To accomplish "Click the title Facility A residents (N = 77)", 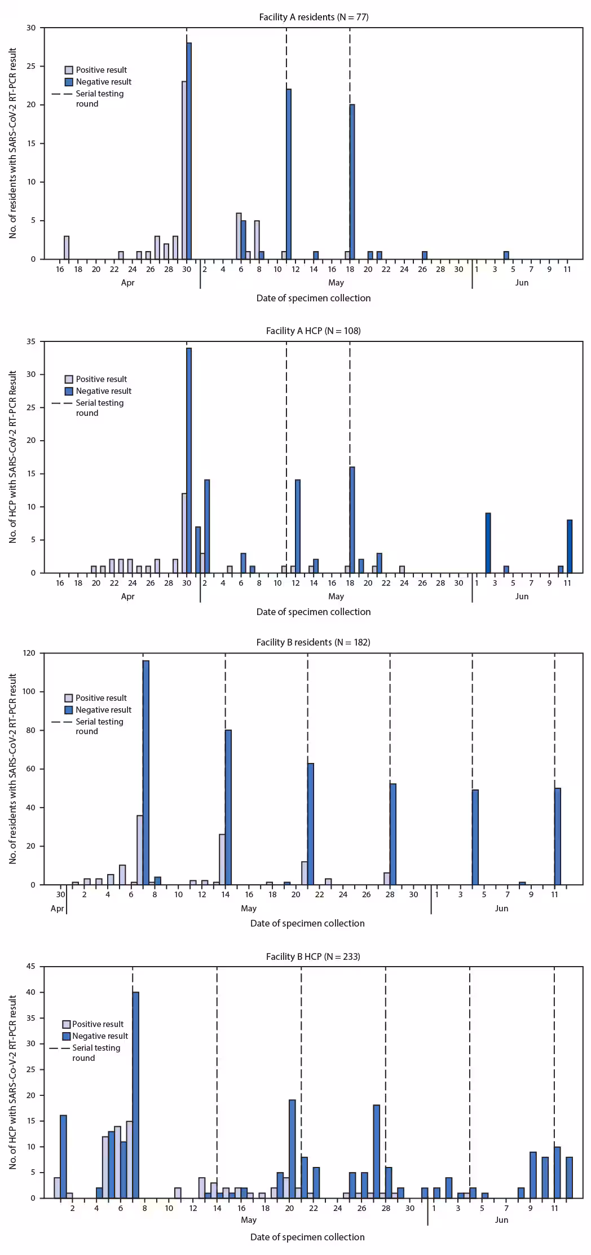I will (314, 17).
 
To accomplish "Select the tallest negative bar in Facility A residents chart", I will (189, 151).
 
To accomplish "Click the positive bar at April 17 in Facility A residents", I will (67, 247).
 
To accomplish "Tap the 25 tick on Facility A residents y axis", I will (31, 66).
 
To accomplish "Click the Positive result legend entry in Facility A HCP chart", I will (96, 379).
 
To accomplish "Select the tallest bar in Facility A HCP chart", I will (189, 460).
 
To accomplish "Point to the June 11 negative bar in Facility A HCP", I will (570, 546).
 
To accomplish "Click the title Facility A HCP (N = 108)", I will (314, 331).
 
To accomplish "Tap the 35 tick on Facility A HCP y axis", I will (31, 341).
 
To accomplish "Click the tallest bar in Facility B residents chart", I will (146, 772).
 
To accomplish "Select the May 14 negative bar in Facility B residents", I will (228, 807).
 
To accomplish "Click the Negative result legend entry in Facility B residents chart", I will (98, 710).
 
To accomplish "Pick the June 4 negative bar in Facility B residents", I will (475, 837).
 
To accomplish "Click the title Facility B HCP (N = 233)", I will (313, 956).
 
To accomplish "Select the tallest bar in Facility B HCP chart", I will (136, 1095).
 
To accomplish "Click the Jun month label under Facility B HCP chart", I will (501, 1220).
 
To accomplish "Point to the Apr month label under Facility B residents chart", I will (57, 909).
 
